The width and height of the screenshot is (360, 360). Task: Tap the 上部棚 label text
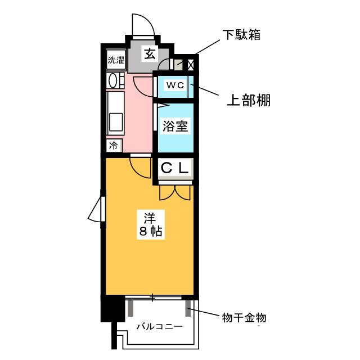coord(248,100)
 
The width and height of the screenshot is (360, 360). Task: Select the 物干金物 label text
coord(242,318)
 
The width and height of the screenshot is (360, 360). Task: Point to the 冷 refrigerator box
coord(114,146)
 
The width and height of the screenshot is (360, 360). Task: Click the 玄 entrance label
coord(150,54)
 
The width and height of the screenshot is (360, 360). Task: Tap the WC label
coord(174,85)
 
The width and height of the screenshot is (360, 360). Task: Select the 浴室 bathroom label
coord(175,125)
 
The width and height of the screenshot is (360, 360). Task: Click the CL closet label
coord(175,168)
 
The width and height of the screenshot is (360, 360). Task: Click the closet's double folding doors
coord(175,192)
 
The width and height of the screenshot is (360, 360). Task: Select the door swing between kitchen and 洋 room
coord(139,165)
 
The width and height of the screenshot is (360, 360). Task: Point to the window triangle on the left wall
coord(96,211)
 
